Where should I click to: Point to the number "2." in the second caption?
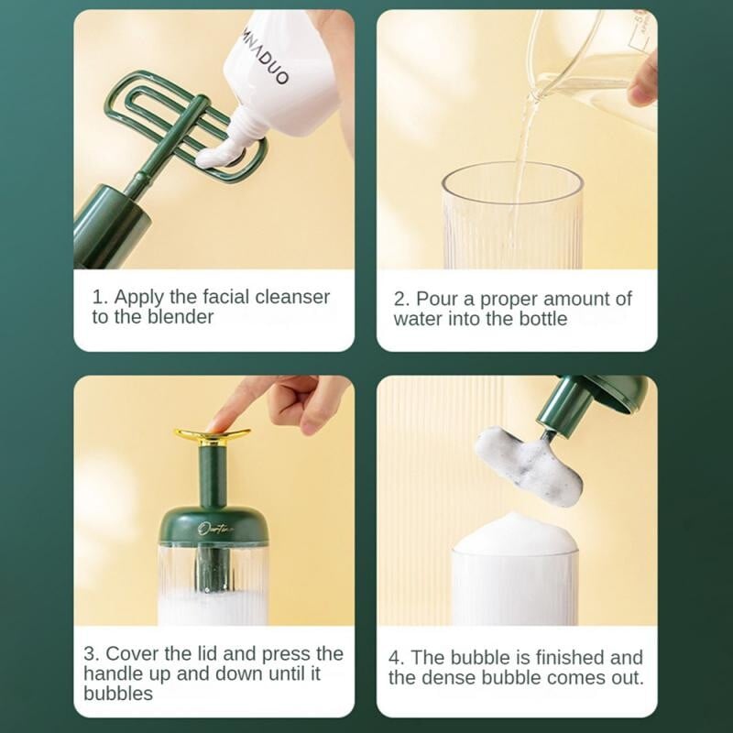[x=401, y=300]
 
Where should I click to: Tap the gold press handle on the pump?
[x=213, y=434]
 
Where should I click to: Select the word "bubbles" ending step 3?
[x=118, y=694]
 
